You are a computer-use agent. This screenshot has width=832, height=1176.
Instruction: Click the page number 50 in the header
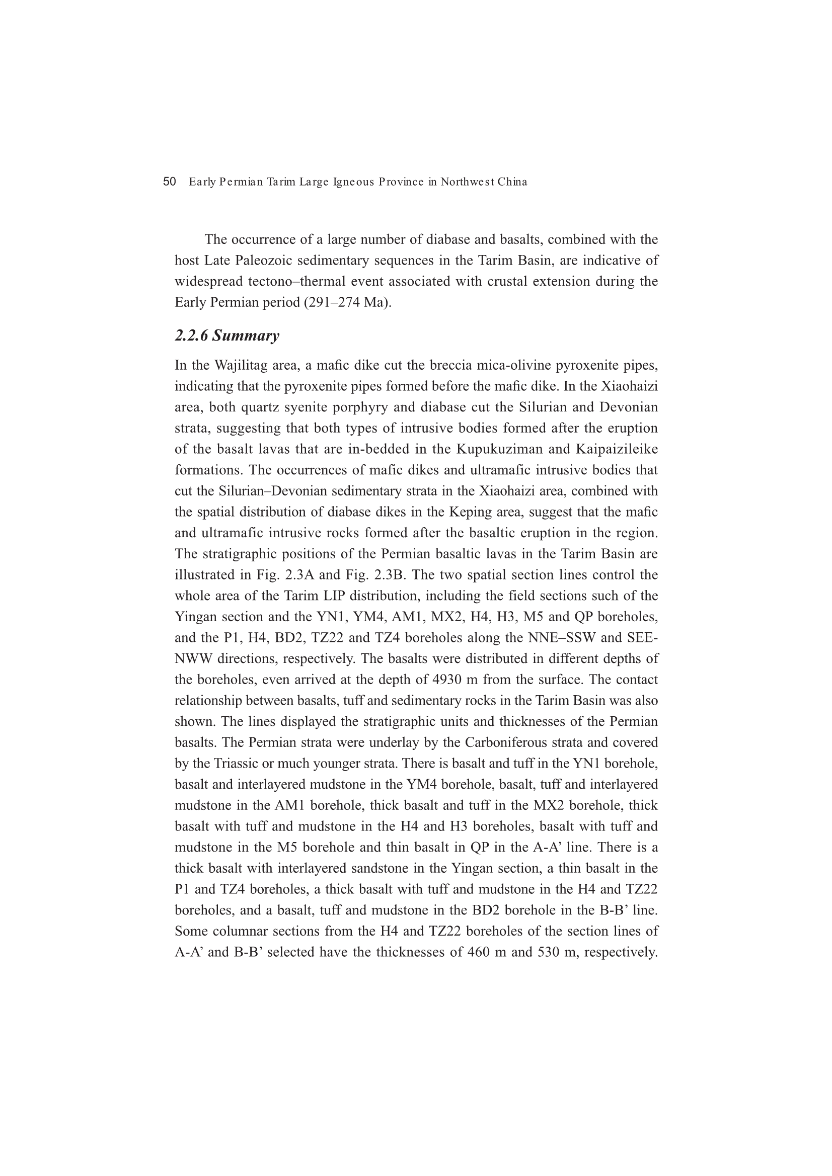click(170, 182)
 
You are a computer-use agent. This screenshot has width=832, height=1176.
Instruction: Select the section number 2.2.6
click(192, 336)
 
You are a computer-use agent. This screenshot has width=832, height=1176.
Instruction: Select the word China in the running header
click(512, 182)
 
